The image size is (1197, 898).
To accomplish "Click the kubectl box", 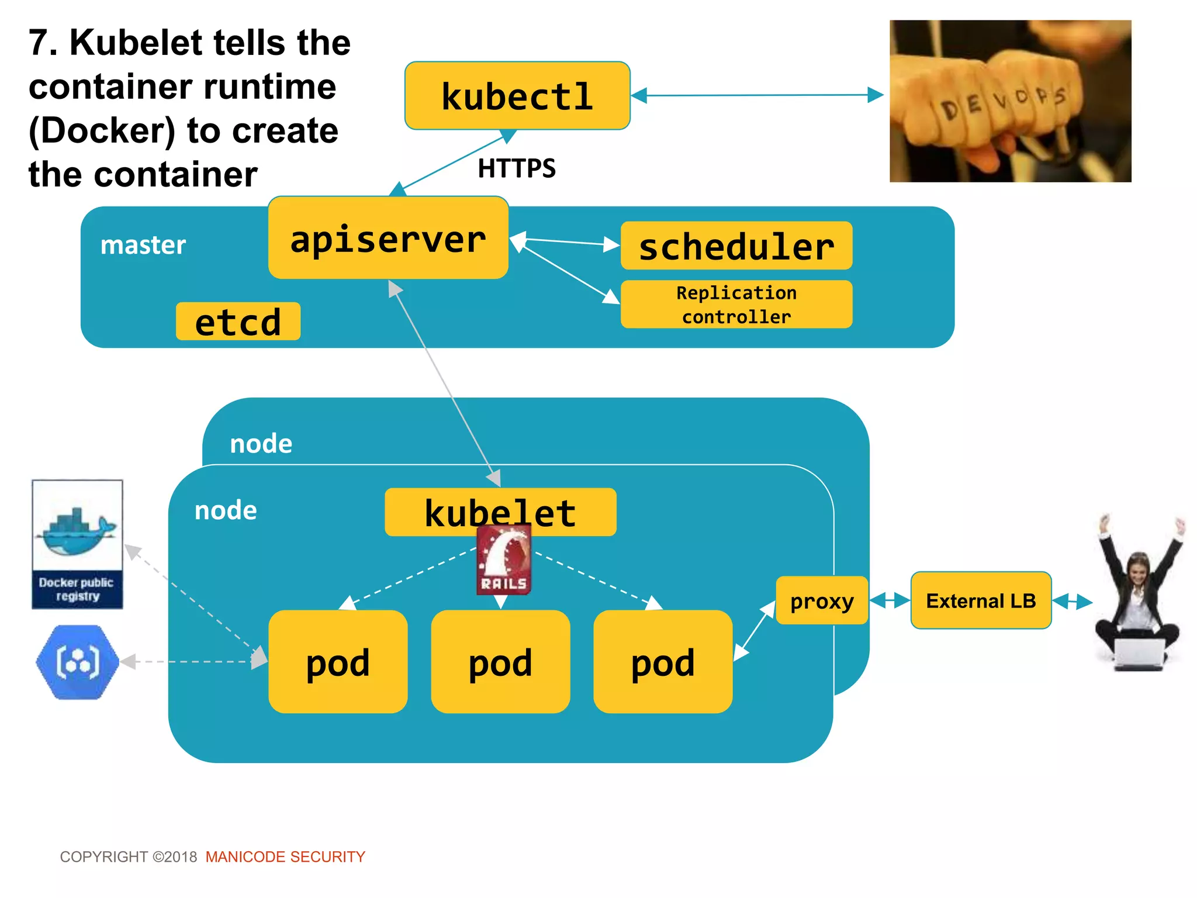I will coord(517,96).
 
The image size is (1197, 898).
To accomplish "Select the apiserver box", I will coord(388,238).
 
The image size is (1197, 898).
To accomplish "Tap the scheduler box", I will coord(736,246).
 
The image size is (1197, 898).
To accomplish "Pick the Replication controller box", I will coord(736,305).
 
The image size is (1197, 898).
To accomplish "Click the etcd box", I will coord(238,322).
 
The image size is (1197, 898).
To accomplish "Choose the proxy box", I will coord(821,600).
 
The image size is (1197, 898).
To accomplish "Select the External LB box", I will coord(981,600).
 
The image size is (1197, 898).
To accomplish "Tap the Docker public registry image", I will coord(77,544).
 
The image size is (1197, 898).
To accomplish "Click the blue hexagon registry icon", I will coord(77,662).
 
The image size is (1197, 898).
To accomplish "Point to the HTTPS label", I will coord(517,168).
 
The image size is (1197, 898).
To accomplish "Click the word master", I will coord(143,245).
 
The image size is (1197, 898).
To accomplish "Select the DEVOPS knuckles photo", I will coord(1010,101).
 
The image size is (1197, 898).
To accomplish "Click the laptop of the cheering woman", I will coord(1139,654).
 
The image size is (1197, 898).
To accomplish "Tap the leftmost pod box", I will coord(338,662).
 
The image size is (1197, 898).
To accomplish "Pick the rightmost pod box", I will coord(663,662).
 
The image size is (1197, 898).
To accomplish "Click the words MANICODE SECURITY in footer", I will coord(285,857).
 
